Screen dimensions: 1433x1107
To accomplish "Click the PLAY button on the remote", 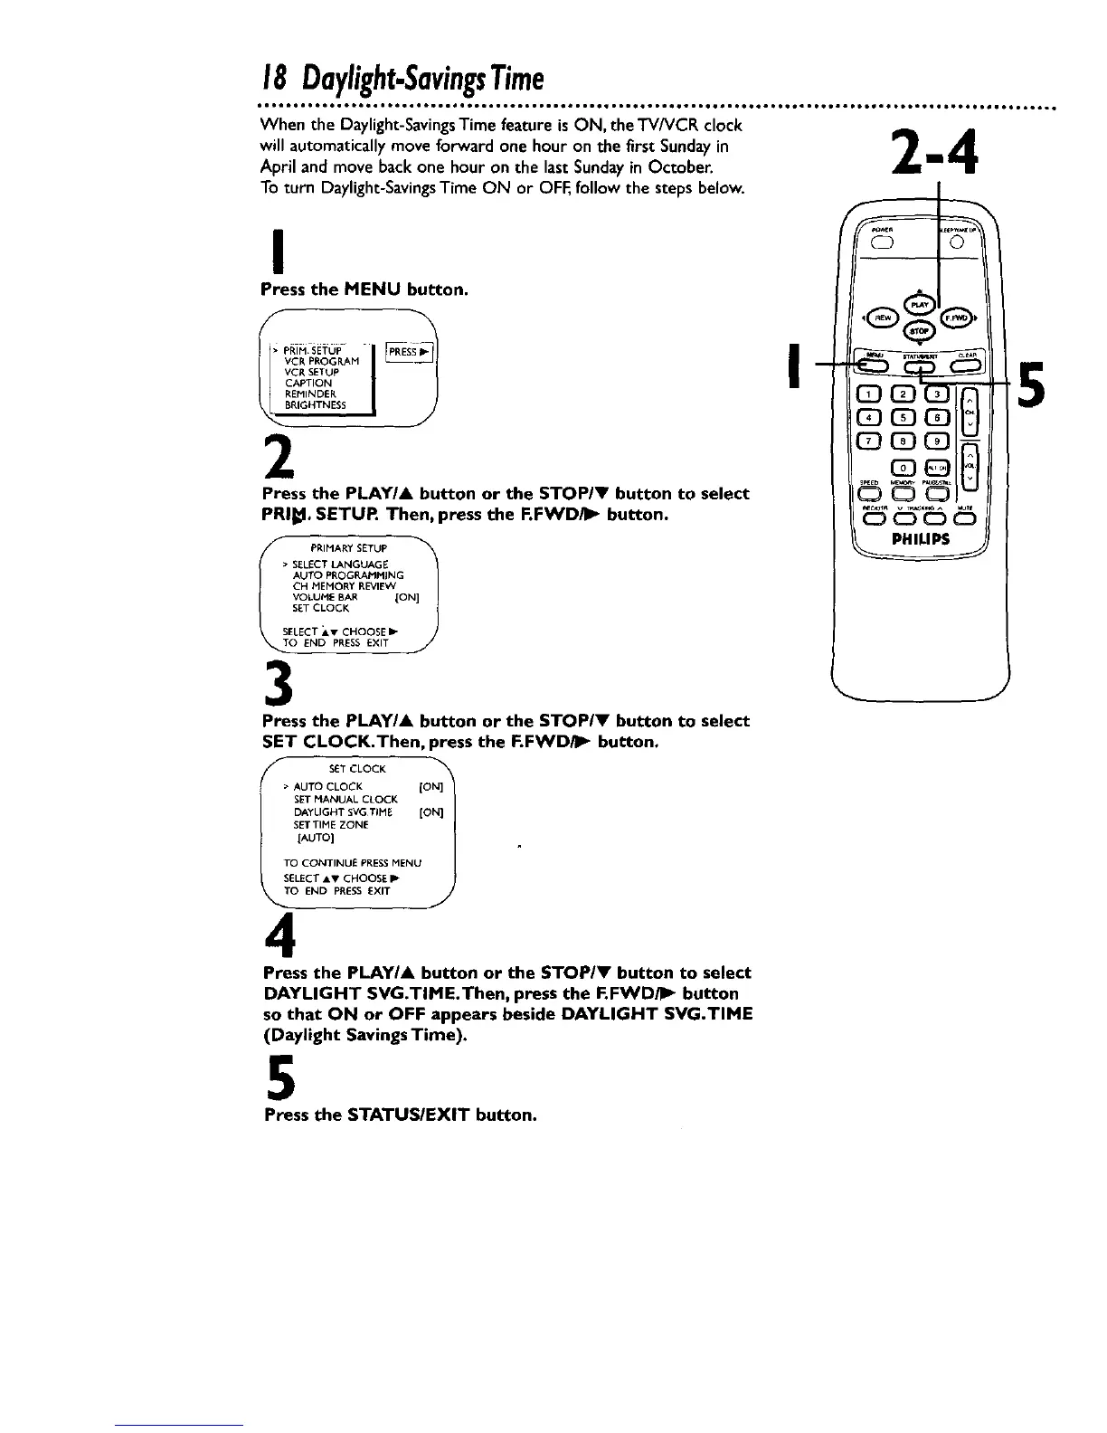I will [912, 305].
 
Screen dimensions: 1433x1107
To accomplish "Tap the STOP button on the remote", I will [912, 332].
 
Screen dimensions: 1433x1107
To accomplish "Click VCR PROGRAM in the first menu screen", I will [321, 361].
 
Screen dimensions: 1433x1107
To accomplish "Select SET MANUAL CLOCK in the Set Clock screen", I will [345, 800].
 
